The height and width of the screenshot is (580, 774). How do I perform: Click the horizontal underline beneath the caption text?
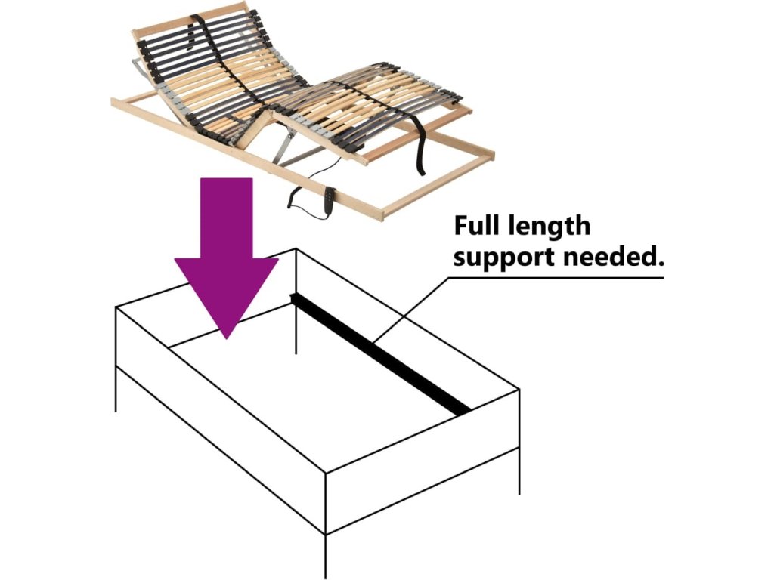coord(556,277)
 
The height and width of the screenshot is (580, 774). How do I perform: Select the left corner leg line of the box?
coord(116,389)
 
